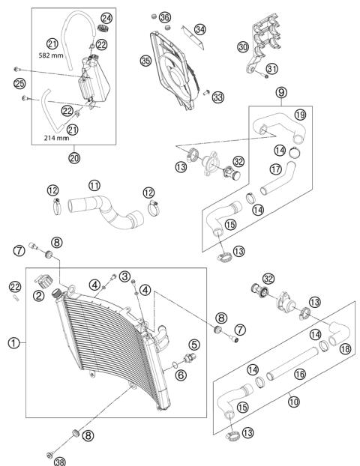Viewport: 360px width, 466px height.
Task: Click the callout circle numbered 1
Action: tap(13, 343)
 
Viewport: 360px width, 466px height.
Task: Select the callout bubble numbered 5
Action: tap(194, 345)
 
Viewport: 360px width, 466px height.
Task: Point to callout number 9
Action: tap(280, 93)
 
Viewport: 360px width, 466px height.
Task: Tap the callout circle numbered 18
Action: tap(345, 349)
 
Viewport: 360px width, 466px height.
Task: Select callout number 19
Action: tap(299, 115)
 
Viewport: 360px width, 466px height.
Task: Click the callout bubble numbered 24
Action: tap(106, 17)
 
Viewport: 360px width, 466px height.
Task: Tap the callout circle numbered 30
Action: tap(242, 46)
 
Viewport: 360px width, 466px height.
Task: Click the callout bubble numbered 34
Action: tap(199, 29)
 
